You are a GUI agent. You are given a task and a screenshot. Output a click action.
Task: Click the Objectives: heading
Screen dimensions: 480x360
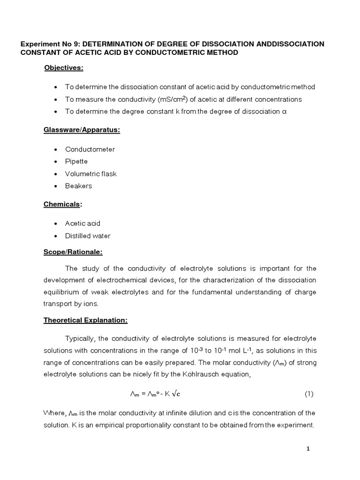point(64,68)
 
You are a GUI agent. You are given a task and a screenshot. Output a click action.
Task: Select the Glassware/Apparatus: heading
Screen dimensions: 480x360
point(82,130)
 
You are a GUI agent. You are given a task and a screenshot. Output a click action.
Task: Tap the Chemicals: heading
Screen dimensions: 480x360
point(63,204)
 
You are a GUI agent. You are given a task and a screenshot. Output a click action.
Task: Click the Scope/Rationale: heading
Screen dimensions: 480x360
point(73,252)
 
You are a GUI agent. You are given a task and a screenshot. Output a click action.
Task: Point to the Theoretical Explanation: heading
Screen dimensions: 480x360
point(85,321)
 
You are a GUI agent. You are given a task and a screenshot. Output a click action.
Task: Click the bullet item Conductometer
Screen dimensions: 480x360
point(90,149)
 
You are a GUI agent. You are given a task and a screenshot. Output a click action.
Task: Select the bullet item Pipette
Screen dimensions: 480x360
point(78,161)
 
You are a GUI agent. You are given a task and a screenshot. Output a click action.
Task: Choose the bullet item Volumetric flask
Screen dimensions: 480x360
point(91,173)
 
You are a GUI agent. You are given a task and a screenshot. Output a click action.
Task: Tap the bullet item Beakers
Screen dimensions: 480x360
point(79,186)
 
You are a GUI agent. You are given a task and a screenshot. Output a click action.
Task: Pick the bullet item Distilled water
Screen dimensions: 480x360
point(88,236)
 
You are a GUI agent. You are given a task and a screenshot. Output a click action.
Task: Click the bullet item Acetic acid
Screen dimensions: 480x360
point(82,224)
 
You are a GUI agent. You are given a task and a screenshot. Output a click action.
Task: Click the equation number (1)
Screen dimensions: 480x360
point(309,394)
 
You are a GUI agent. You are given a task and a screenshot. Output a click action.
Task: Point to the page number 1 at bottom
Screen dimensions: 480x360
point(308,449)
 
